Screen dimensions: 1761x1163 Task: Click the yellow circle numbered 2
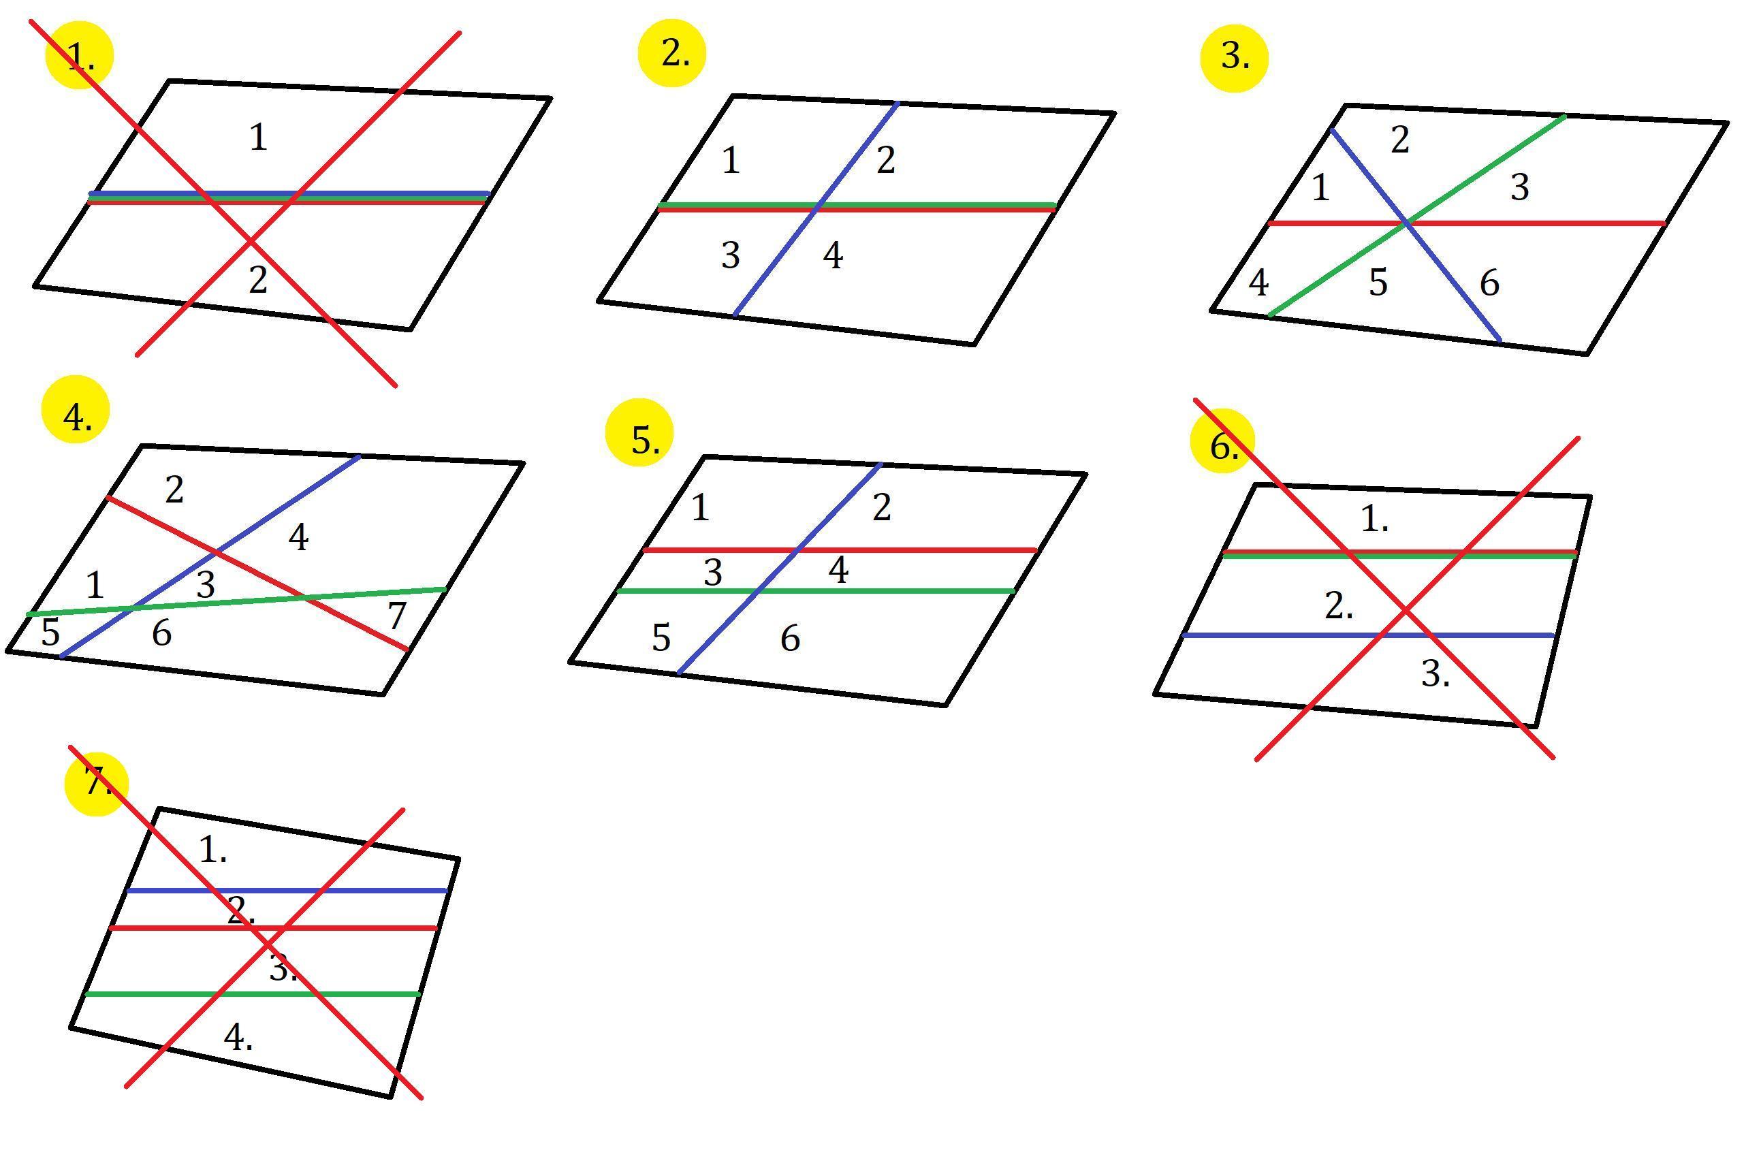(672, 53)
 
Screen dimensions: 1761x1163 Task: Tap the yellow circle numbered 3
(1235, 58)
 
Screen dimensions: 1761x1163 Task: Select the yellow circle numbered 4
(76, 409)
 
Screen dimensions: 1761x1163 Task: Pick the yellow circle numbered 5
(639, 433)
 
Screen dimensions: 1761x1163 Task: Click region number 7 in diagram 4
(397, 616)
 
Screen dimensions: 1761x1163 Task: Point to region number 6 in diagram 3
(1489, 283)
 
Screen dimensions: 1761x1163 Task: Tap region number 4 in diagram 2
(833, 256)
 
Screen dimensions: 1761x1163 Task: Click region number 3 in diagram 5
(713, 573)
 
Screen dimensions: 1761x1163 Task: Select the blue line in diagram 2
(816, 209)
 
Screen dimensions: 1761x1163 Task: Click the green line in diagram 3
(1418, 216)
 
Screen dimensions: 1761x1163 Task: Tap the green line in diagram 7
(253, 993)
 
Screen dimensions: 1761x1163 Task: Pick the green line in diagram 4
(236, 601)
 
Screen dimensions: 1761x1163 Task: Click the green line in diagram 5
(816, 591)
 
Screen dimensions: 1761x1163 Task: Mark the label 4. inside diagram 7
(238, 1037)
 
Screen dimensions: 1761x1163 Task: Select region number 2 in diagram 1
(257, 281)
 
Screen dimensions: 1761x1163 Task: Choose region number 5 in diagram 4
(50, 633)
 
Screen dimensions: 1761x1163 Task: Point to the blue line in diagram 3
(1416, 235)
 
